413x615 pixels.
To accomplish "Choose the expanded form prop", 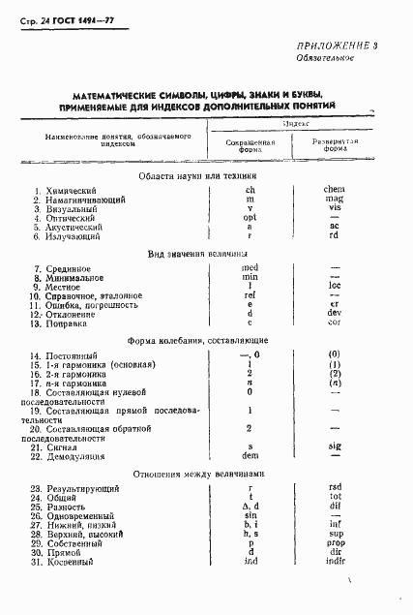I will point(337,544).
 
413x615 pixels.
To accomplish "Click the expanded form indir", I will point(337,563).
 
